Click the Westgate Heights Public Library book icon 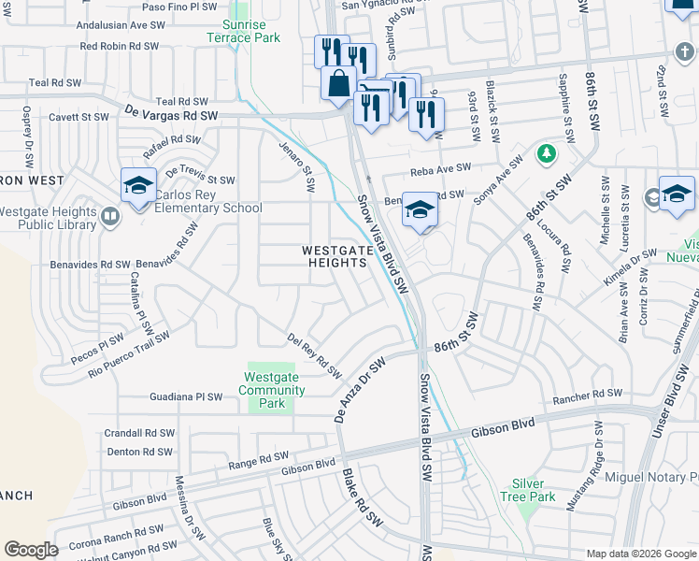pos(110,218)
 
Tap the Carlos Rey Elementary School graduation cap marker pos(137,185)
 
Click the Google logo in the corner pos(30,550)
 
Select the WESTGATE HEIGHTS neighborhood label pos(334,256)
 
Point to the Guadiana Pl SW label pos(187,397)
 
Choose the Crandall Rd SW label pos(140,433)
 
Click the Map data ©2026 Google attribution pos(640,553)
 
